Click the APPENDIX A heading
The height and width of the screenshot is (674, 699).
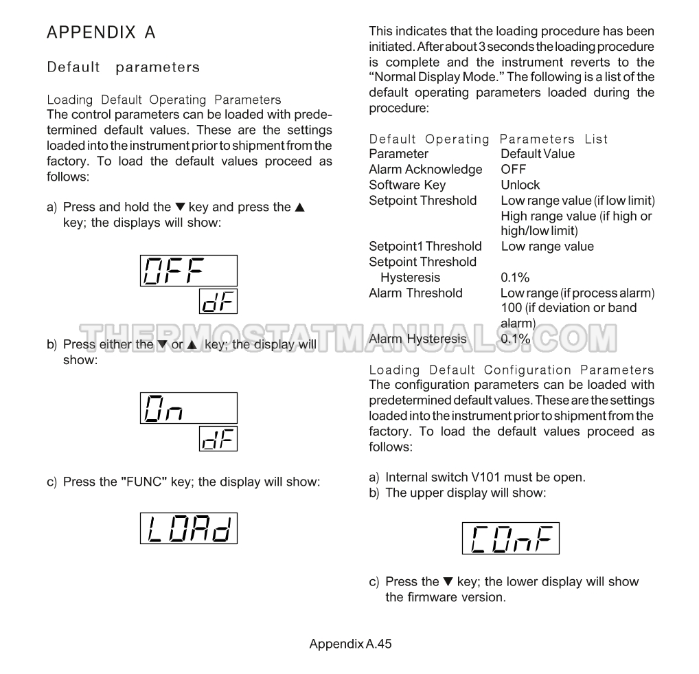[x=101, y=32]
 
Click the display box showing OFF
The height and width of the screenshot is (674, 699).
[x=189, y=271]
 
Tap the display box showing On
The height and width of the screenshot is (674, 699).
[x=189, y=408]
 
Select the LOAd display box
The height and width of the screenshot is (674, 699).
[x=189, y=528]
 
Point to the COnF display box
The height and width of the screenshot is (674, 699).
[x=510, y=539]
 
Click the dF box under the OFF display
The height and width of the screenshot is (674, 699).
[x=218, y=301]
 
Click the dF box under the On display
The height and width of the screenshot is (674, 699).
[x=218, y=438]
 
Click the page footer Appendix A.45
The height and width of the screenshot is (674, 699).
[x=350, y=644]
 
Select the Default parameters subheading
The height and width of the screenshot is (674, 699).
[x=123, y=67]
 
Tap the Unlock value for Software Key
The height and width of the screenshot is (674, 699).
[x=520, y=185]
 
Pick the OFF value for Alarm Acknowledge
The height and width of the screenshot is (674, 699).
[x=513, y=169]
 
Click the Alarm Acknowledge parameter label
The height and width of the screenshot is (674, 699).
[x=425, y=169]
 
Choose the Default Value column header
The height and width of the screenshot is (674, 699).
[x=537, y=154]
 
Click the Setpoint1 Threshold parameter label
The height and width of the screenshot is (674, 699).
[x=425, y=246]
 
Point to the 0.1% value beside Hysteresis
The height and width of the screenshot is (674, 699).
[x=515, y=278]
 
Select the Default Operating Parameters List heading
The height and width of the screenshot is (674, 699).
[x=488, y=139]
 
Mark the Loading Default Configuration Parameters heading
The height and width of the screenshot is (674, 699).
[x=512, y=370]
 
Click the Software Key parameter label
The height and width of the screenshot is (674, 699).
[x=406, y=185]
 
